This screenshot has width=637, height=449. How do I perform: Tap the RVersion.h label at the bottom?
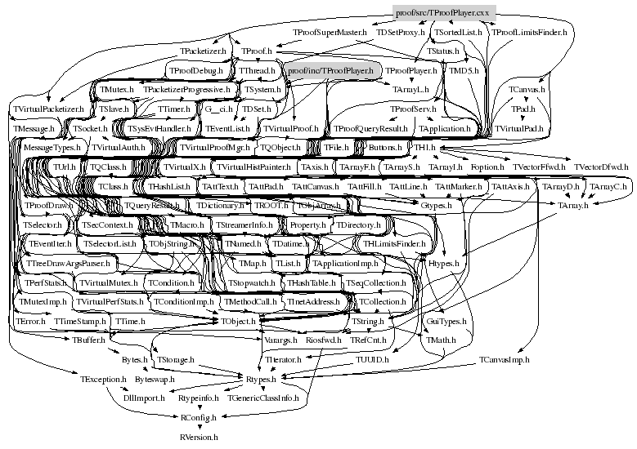pos(199,437)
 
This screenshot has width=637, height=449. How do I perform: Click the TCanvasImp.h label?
pos(505,359)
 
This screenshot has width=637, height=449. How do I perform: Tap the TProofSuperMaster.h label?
pos(330,32)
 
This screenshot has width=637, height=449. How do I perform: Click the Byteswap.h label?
pos(154,380)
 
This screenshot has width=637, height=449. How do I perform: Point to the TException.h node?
pos(103,380)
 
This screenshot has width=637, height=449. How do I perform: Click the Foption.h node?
pos(488,167)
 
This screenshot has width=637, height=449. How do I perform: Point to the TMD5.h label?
pos(462,71)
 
